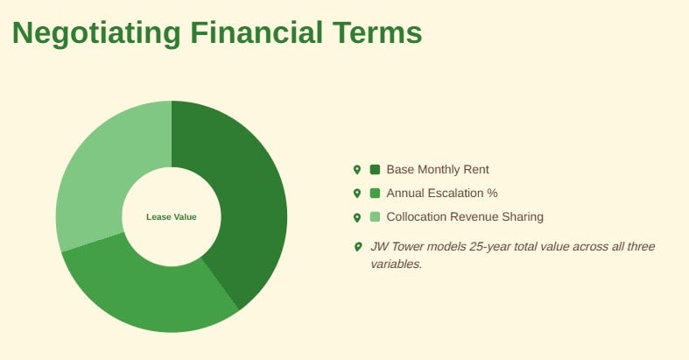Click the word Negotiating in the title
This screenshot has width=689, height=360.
pos(96,33)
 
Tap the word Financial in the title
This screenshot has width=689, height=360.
pos(257,32)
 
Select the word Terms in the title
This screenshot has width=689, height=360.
pos(377,32)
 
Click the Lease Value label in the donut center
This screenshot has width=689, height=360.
pos(172,217)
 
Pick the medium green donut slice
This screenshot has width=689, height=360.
pos(145,290)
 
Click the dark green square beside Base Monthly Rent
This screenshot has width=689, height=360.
pos(375,169)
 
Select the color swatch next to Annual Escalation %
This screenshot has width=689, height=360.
pos(375,193)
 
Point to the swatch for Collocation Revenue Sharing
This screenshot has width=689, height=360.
pos(375,216)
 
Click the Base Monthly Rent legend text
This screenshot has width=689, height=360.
pos(438,170)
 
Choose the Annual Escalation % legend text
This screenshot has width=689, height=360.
pos(442,193)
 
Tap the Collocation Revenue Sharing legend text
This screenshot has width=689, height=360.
pos(465,216)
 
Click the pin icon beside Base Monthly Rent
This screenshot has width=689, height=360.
pos(357,170)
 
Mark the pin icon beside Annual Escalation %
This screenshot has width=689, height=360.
pos(357,194)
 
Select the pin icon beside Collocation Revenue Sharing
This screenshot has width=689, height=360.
pos(357,217)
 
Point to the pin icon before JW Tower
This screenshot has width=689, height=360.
pos(358,247)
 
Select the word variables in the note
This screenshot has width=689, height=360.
pos(396,265)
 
